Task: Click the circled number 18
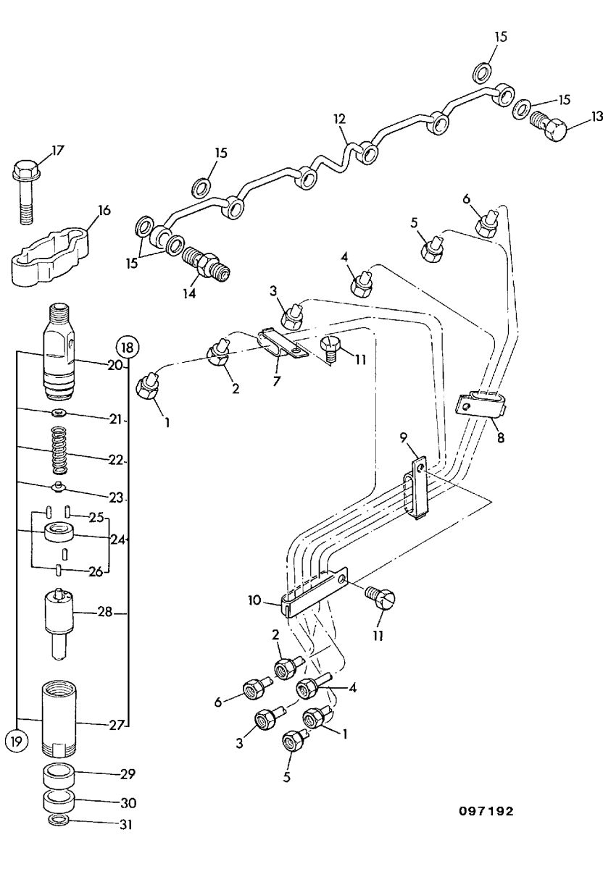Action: pyautogui.click(x=128, y=347)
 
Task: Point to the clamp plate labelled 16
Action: pyautogui.click(x=49, y=257)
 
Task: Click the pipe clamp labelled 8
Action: pyautogui.click(x=480, y=406)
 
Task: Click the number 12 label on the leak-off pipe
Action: pyautogui.click(x=339, y=119)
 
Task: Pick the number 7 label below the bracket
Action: pyautogui.click(x=275, y=381)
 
